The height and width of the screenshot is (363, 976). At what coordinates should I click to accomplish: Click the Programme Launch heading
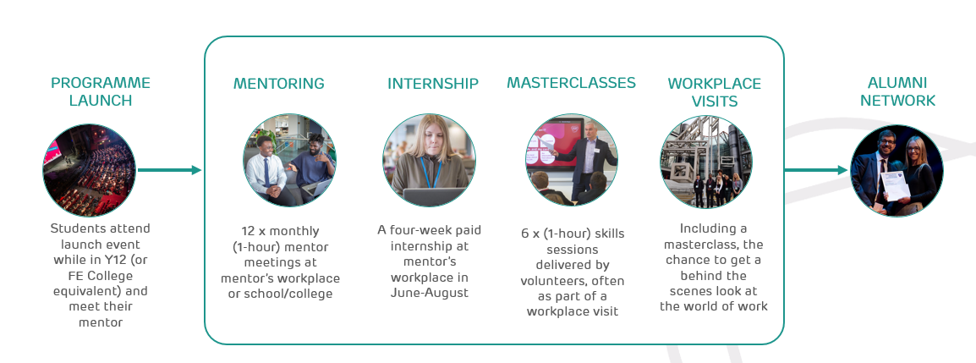pyautogui.click(x=100, y=91)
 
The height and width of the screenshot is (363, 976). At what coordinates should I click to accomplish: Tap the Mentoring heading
pyautogui.click(x=278, y=84)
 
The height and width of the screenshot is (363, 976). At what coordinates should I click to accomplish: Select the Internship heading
pyautogui.click(x=433, y=84)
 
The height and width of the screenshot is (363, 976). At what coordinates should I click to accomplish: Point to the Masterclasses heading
pyautogui.click(x=571, y=83)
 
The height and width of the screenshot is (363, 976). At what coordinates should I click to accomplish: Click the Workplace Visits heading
pyautogui.click(x=714, y=92)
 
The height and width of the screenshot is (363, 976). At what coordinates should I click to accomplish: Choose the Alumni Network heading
pyautogui.click(x=897, y=91)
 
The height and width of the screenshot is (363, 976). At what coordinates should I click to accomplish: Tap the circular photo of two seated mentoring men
pyautogui.click(x=289, y=162)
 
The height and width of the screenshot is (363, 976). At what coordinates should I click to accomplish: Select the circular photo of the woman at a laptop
pyautogui.click(x=429, y=161)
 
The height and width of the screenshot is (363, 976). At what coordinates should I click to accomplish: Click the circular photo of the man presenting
pyautogui.click(x=572, y=161)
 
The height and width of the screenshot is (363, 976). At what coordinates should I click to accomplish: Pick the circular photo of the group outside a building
pyautogui.click(x=706, y=162)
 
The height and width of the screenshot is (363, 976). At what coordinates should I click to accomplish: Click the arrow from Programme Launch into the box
pyautogui.click(x=169, y=170)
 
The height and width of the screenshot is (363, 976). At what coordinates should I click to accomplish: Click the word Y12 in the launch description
pyautogui.click(x=109, y=259)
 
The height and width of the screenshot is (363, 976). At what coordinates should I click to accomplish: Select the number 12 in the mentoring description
pyautogui.click(x=249, y=230)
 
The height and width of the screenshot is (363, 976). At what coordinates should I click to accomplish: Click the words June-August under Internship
pyautogui.click(x=429, y=293)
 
